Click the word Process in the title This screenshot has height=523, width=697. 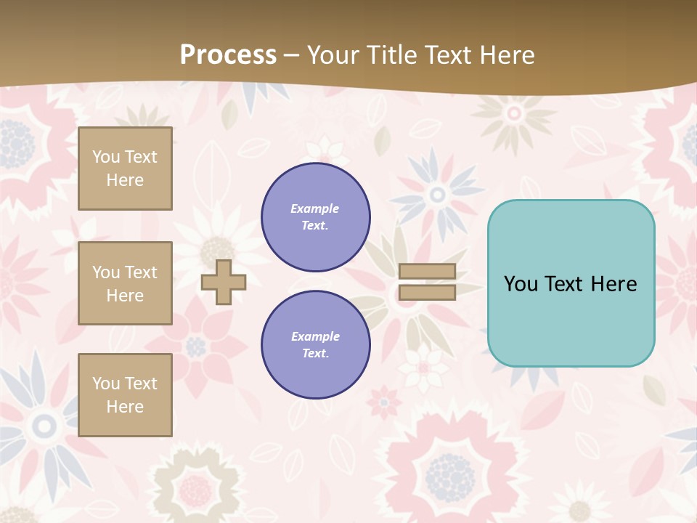coord(228,55)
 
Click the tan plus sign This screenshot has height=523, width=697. coord(224,282)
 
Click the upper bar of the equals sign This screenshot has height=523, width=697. coord(427,272)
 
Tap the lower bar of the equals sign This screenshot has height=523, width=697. coord(427,292)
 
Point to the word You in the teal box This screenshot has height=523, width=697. coord(521,284)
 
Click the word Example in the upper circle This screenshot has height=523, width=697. coord(315,208)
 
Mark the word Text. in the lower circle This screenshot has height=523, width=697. coord(315,353)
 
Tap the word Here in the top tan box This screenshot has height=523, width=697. coord(125,180)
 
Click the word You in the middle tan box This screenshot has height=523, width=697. coord(105,272)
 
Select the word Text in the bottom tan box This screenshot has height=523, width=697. coord(140,384)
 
